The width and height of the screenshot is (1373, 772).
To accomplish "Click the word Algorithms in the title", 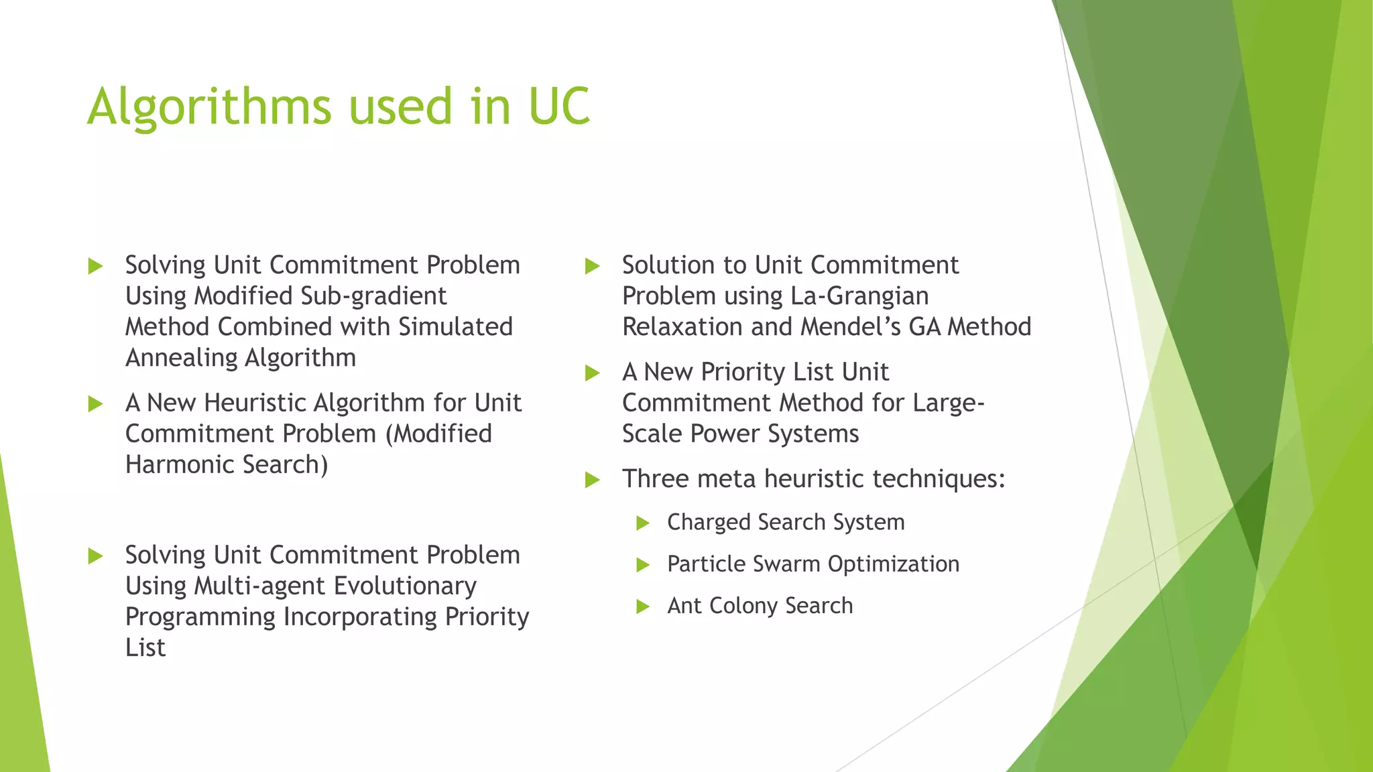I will pos(209,107).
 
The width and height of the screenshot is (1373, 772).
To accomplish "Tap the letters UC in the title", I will pos(558,107).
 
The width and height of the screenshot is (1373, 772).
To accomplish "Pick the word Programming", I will pos(200,617).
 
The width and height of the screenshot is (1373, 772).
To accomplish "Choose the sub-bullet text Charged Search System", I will pos(786,522).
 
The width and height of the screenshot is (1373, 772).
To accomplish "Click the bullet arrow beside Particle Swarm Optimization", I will pos(643,565).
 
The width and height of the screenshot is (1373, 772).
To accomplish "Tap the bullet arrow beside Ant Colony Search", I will pos(643,607).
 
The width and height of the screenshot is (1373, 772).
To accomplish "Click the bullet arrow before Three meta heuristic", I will pos(592,480).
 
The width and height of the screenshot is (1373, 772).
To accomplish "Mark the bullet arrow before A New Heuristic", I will pos(95,404).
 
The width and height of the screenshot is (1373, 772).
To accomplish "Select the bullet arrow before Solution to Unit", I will pos(592,266).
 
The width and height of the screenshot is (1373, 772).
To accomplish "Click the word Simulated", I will pos(455,327).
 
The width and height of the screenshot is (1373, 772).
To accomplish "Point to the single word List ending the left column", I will pos(145,648).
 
